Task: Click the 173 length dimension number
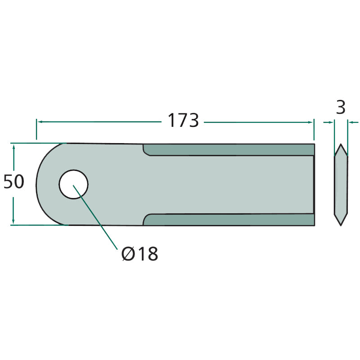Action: tap(183, 120)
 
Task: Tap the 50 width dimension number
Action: tap(14, 182)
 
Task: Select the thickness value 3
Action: tap(341, 107)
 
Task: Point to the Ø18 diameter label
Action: tap(140, 253)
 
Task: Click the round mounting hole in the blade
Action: tap(73, 184)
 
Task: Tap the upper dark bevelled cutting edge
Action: tap(229, 150)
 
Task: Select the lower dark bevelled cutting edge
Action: tap(229, 220)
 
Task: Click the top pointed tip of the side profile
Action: tap(341, 144)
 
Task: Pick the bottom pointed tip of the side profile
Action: tap(341, 225)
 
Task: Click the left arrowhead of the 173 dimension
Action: tap(40, 121)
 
